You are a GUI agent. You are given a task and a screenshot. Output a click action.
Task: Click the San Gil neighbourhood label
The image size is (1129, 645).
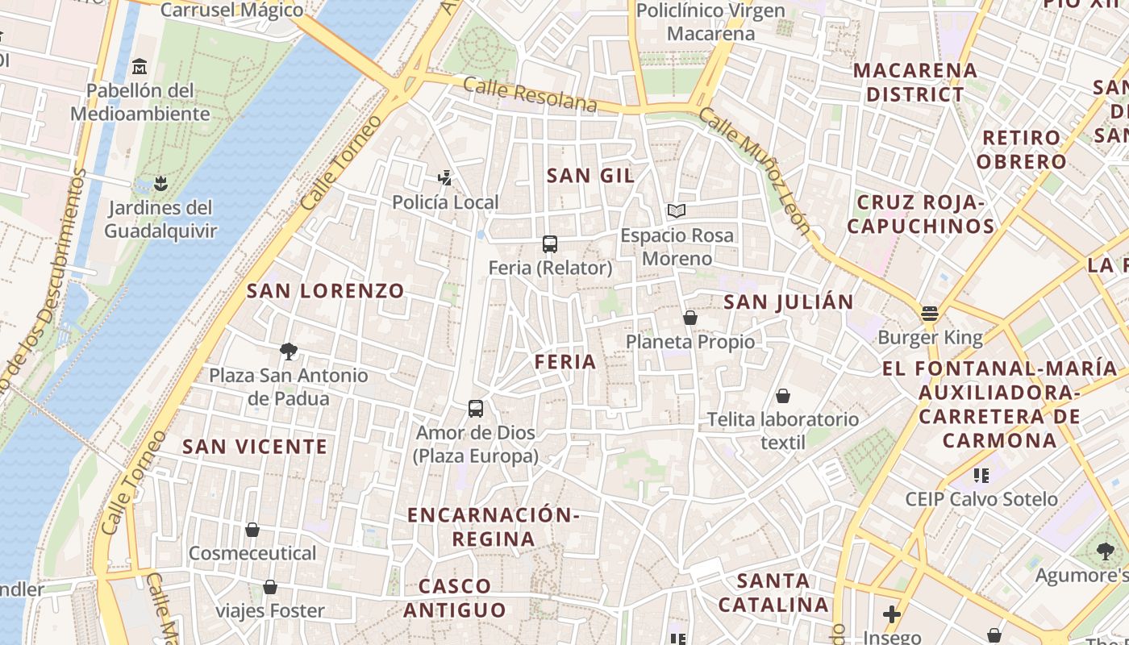(590, 175)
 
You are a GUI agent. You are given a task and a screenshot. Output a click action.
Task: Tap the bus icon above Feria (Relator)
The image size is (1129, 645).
(550, 243)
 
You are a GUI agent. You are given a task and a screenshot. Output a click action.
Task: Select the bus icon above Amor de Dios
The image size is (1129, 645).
(476, 409)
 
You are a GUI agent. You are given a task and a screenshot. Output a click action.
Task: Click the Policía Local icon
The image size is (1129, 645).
(444, 177)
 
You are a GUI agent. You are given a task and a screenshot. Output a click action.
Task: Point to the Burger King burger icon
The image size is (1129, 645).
(930, 313)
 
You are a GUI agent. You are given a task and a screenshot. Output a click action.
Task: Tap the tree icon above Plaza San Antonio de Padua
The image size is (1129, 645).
(288, 351)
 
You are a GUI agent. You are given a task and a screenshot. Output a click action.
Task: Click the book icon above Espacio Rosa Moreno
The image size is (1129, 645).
(677, 211)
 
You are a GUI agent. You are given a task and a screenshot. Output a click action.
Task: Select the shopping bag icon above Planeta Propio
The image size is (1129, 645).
(690, 318)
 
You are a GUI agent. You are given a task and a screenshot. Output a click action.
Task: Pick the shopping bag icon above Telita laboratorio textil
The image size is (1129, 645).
(782, 396)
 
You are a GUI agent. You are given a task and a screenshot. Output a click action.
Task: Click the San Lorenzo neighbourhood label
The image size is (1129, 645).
(325, 291)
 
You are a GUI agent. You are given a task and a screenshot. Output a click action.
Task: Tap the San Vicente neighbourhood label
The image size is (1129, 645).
(255, 446)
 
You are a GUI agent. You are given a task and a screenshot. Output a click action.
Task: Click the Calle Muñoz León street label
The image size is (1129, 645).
(754, 170)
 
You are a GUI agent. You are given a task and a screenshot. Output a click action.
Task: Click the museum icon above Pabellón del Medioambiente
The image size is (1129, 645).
(140, 65)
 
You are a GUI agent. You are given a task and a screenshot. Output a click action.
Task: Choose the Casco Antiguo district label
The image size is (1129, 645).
(455, 597)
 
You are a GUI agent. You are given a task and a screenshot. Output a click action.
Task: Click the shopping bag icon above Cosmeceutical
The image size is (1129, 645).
(252, 530)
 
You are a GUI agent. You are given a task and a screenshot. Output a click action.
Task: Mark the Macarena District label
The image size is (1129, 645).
(914, 81)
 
